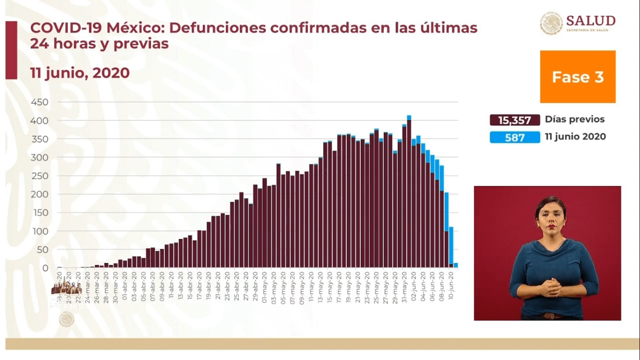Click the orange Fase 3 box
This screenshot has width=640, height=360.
coord(577,77)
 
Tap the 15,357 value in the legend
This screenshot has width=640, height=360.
coord(514,120)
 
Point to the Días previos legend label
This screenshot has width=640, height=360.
coord(574,119)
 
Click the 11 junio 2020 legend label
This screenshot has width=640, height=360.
coord(575,136)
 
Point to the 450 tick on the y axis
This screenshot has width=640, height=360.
coord(39,102)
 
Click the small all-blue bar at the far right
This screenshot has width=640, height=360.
coord(455,265)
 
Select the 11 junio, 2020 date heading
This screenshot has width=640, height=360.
coord(80,73)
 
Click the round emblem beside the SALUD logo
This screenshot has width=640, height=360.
coord(551,23)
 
